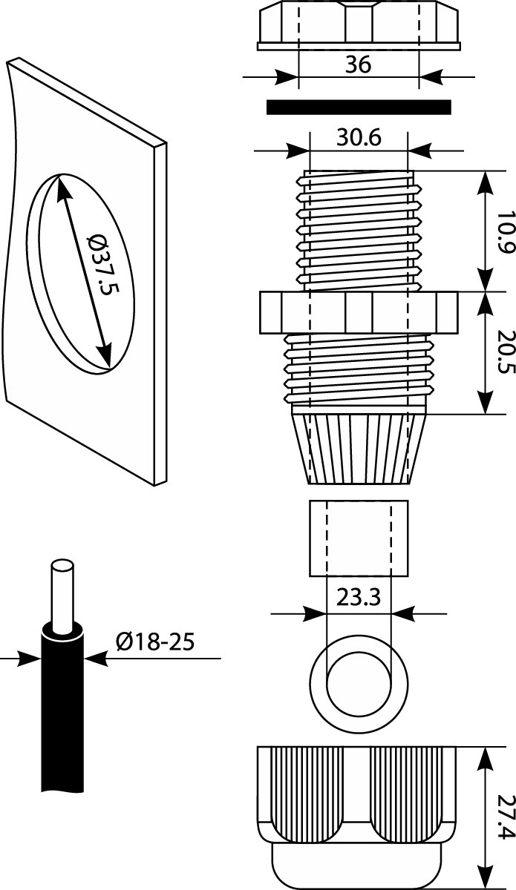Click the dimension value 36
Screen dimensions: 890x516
[358, 66]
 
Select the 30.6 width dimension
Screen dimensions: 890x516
[359, 139]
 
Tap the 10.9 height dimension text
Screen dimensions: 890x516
[506, 232]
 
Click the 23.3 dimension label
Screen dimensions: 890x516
[359, 598]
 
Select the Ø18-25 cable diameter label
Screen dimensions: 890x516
[155, 641]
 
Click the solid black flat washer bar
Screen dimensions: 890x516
[358, 108]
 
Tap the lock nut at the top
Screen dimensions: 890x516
[358, 26]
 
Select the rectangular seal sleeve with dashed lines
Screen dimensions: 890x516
[359, 538]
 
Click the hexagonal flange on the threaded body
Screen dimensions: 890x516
[358, 312]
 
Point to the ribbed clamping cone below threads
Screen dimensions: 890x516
[359, 449]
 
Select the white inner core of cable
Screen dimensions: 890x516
[62, 593]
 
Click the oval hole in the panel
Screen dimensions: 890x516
[82, 271]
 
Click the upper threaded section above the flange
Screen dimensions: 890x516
[358, 230]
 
